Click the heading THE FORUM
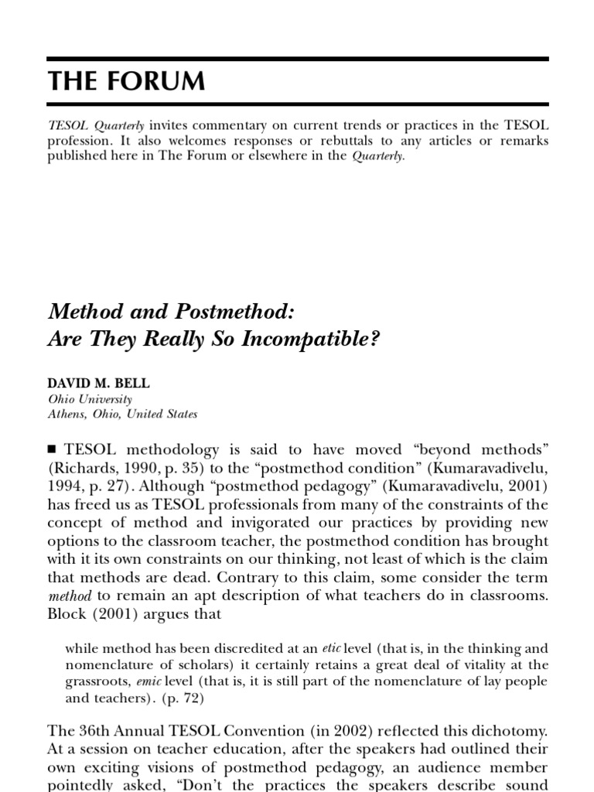tap(127, 82)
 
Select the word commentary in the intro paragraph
tap(227, 125)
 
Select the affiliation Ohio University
tap(90, 399)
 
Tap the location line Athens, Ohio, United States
tap(123, 414)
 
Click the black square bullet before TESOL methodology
tap(53, 449)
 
